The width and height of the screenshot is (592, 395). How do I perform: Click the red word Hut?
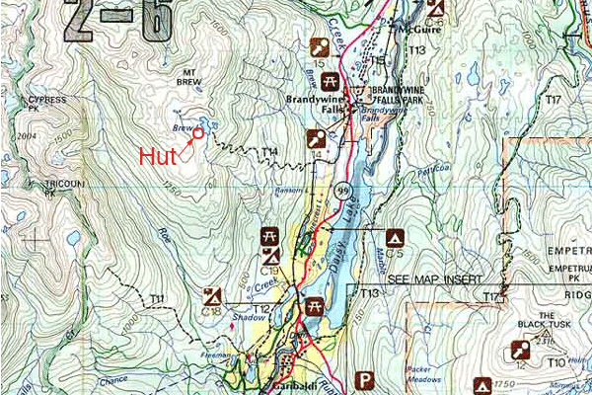158,156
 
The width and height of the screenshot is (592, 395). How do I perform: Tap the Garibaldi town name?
288,387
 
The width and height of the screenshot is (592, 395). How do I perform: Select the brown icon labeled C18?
211,295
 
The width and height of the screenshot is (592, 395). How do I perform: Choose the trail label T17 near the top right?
553,101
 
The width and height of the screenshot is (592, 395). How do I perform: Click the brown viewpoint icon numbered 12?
519,350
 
